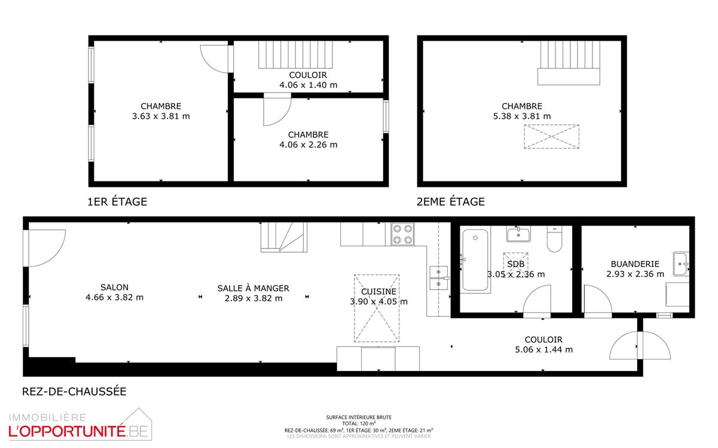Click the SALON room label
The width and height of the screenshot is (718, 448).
[x=114, y=287]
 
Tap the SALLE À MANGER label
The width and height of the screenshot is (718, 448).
[x=253, y=288]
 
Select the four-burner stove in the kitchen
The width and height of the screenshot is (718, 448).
[x=402, y=234]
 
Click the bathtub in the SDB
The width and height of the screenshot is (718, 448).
[x=475, y=260]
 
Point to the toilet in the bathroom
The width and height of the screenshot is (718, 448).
[x=554, y=239]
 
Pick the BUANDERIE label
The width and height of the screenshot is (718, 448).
[x=635, y=264]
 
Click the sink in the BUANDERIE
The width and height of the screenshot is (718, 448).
[x=680, y=264]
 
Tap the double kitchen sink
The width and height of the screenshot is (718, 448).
[x=438, y=278]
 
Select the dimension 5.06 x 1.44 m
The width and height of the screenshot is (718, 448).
[x=543, y=349]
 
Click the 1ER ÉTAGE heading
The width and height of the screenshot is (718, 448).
[x=117, y=201]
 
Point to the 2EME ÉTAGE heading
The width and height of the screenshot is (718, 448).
[x=450, y=201]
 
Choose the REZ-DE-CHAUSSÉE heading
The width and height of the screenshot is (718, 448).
[x=74, y=391]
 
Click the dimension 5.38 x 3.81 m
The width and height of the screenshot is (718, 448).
[x=522, y=116]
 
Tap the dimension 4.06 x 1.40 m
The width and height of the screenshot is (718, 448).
[x=308, y=85]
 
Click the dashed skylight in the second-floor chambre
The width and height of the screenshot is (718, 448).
[x=551, y=136]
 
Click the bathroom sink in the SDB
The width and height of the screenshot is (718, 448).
[x=518, y=234]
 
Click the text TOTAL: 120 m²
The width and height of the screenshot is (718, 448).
[x=359, y=424]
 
